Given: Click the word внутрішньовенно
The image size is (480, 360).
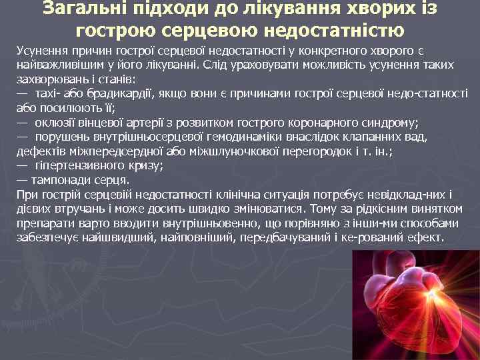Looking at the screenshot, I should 207,223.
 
